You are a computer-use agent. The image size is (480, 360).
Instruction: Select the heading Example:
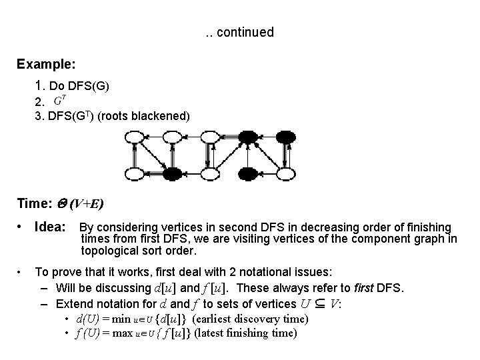[x=46, y=65]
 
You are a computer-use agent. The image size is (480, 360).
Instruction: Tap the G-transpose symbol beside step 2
[x=59, y=101]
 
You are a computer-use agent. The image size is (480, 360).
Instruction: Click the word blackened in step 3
[x=163, y=116]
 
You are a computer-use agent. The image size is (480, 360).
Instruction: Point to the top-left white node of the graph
[x=135, y=138]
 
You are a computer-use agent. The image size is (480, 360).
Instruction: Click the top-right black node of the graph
[x=287, y=138]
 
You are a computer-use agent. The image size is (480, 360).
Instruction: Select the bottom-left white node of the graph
[x=135, y=175]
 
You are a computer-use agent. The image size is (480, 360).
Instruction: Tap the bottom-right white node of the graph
[x=287, y=175]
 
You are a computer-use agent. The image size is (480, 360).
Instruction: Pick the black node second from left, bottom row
[x=173, y=175]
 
